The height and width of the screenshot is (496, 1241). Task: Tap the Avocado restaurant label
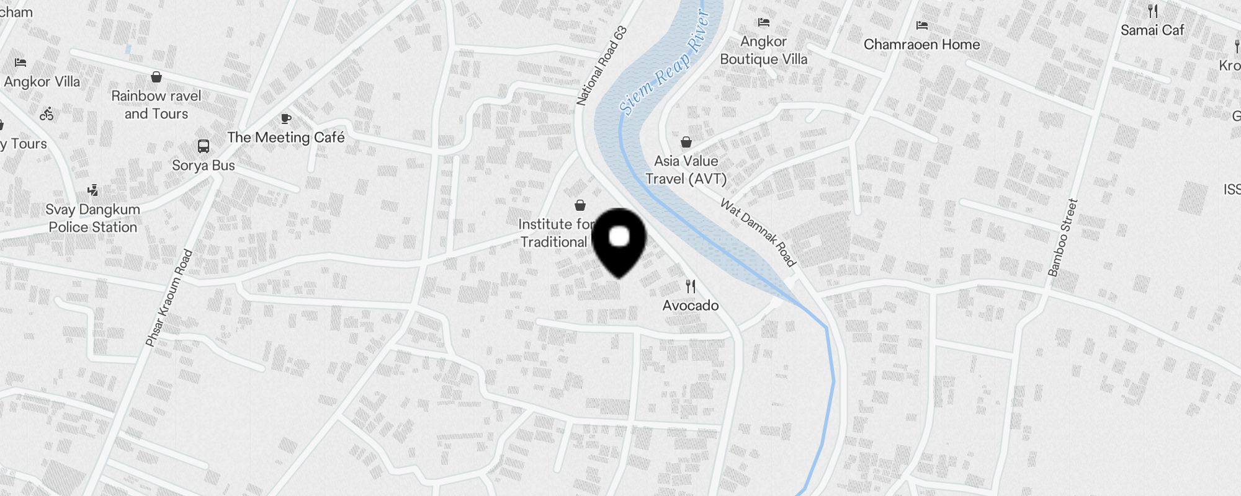[691, 306]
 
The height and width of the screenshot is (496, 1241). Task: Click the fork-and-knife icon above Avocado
[691, 286]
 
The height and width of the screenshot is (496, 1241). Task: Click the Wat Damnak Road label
[758, 232]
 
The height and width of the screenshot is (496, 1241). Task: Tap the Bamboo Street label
[1063, 237]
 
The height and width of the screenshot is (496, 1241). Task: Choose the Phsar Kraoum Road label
[169, 298]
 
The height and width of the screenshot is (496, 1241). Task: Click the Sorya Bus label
[204, 166]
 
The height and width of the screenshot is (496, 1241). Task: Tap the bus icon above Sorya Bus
[204, 146]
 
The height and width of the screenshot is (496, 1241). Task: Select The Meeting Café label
[285, 138]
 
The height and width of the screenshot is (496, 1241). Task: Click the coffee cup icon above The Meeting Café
[285, 118]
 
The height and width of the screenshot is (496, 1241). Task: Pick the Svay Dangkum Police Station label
[93, 218]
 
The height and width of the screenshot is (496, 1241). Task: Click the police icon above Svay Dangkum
[93, 190]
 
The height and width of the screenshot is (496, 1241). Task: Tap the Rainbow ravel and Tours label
[156, 105]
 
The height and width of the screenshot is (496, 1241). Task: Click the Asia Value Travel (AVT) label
[686, 170]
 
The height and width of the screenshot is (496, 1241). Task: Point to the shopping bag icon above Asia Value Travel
[686, 143]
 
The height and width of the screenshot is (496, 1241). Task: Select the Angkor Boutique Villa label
[764, 50]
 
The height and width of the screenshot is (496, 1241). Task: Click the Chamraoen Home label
[922, 45]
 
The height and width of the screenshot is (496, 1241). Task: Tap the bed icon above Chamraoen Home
[922, 25]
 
